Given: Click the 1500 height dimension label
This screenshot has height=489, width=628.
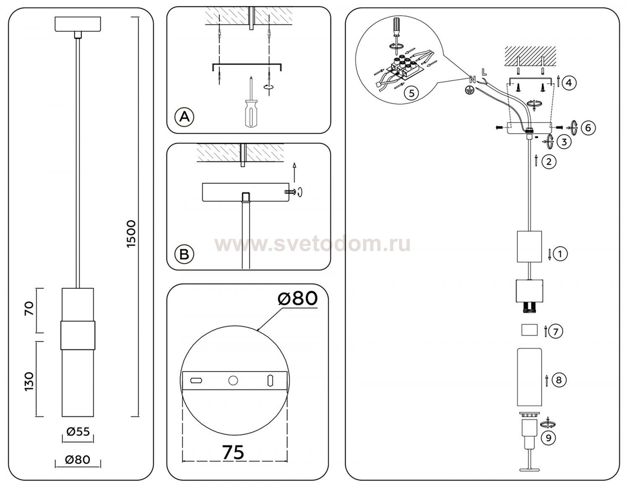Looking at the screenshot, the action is [x=131, y=234].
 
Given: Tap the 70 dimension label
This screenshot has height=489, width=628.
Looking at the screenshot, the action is [x=29, y=308].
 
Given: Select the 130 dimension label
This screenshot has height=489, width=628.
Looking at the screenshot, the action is [x=29, y=382].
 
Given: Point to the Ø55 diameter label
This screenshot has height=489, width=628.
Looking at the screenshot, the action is [x=78, y=432].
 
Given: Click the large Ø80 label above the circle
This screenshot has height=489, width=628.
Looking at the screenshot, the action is [x=298, y=298].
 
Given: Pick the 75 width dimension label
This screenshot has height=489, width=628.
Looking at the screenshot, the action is [x=233, y=452].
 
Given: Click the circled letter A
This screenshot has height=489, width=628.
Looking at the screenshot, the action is [x=184, y=117].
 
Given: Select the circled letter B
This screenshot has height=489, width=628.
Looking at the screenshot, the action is [x=184, y=254].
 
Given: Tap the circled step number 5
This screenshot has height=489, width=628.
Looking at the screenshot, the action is [x=411, y=93].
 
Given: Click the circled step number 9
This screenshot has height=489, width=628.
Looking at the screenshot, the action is [x=548, y=438].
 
